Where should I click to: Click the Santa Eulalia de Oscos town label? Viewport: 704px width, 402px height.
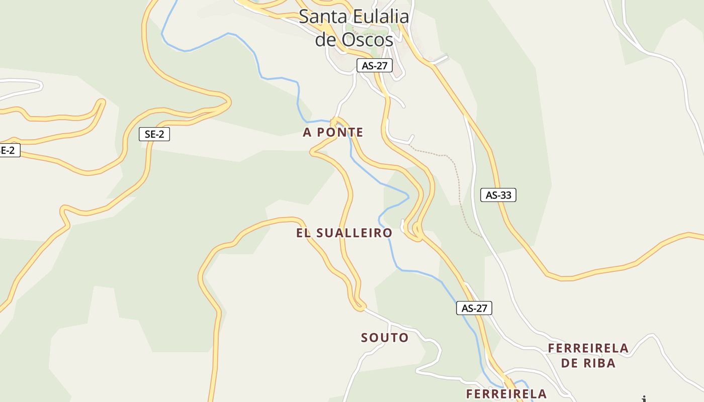[x=354, y=28]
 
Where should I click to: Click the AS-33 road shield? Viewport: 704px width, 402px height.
[x=498, y=195]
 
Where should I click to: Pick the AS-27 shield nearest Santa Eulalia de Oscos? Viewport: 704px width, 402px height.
[x=374, y=65]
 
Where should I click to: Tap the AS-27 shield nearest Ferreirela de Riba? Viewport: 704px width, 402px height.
[x=474, y=308]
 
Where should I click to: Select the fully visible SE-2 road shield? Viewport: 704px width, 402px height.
[x=154, y=134]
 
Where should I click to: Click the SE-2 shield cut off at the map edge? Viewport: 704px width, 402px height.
[x=8, y=150]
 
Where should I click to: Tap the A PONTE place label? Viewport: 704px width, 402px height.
[x=333, y=132]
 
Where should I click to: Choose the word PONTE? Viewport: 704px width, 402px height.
[x=340, y=132]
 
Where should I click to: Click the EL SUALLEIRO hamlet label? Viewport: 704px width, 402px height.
[x=344, y=233]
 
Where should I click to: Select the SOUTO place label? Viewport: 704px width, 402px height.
[x=385, y=338]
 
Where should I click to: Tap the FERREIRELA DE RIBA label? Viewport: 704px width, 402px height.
[x=588, y=355]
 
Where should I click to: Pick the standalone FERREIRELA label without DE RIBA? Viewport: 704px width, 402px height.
[x=506, y=393]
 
